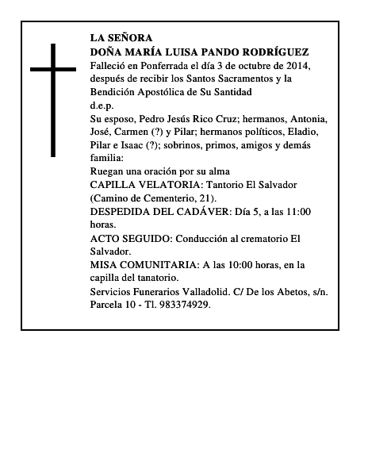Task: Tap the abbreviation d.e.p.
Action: pos(102,106)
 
